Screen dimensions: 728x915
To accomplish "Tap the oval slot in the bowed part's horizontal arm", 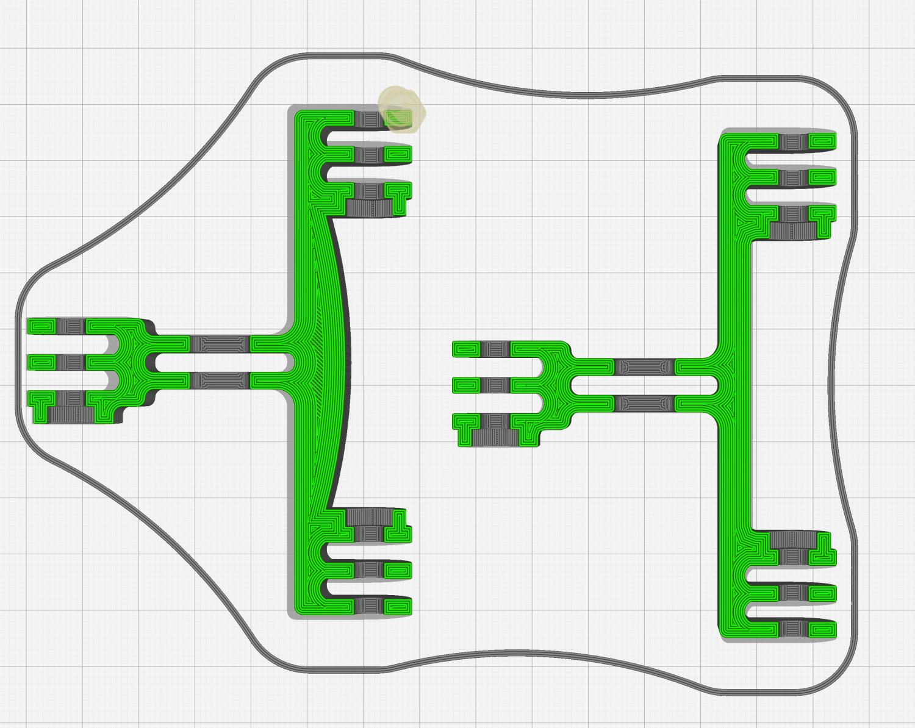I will point(220,363).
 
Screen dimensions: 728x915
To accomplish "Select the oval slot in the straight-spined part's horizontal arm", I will point(645,385).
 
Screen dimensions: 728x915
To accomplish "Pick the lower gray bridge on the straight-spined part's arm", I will point(645,403).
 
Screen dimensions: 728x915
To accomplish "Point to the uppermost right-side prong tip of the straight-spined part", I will point(822,141).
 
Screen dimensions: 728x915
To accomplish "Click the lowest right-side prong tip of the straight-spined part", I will point(822,629).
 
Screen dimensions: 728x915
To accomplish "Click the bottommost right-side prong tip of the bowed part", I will point(398,607).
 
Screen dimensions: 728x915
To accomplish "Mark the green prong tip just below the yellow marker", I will point(398,153).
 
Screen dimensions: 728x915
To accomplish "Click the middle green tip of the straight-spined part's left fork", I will point(467,385).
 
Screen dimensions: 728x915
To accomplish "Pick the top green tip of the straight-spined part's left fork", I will point(467,349).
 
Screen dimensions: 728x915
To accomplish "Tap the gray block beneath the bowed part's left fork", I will point(71,415).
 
